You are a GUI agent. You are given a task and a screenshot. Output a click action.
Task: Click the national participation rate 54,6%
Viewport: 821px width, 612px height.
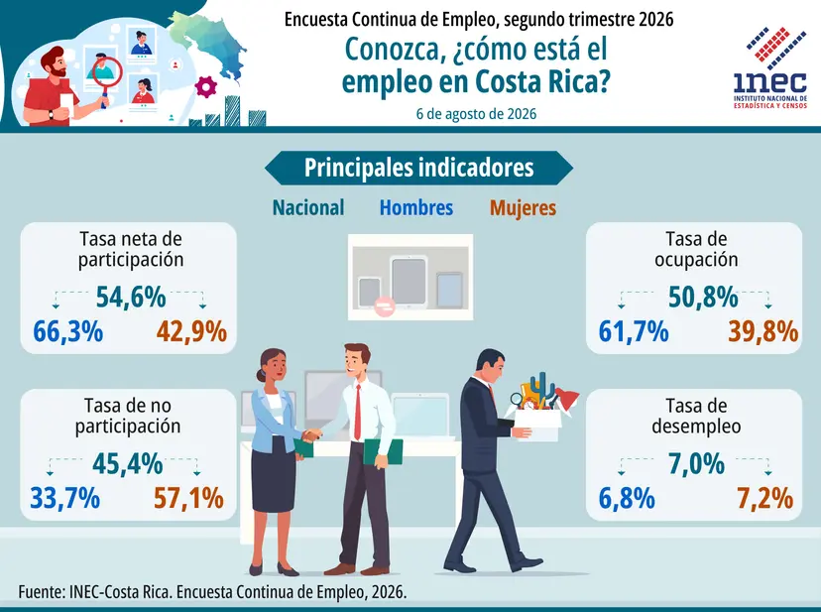131,298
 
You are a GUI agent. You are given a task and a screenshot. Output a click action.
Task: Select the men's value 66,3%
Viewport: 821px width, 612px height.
68,331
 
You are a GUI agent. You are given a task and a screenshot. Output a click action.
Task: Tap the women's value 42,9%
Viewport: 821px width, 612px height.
191,331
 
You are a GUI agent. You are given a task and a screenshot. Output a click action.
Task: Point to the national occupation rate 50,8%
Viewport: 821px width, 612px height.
703,298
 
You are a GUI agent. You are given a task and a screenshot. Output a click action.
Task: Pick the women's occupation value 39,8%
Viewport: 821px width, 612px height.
763,331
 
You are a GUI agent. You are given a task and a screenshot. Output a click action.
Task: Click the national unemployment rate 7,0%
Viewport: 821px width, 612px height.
696,464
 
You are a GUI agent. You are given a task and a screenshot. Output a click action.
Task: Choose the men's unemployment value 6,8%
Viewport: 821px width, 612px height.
627,498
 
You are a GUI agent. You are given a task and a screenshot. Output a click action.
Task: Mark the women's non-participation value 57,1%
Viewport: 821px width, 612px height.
188,498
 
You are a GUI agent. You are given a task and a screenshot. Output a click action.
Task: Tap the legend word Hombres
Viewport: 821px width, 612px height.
416,207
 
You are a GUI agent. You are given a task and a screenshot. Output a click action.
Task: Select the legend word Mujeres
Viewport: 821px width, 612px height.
524,208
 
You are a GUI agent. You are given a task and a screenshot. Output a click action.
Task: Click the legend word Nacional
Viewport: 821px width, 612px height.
308,207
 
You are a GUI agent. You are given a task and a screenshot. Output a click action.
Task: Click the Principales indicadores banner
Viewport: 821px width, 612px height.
418,168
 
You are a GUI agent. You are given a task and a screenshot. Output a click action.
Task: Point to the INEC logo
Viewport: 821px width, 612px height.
770,67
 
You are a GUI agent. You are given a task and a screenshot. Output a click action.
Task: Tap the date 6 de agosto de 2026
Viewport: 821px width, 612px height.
477,114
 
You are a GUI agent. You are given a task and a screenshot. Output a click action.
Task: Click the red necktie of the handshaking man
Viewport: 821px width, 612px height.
358,412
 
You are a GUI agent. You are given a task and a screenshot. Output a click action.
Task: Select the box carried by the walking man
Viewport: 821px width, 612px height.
537,424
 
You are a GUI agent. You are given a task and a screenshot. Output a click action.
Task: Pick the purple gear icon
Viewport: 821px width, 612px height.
206,86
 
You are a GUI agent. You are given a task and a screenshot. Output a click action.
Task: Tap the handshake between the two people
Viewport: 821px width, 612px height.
312,435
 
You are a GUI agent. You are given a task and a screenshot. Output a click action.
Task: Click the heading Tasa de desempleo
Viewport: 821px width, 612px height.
696,416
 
